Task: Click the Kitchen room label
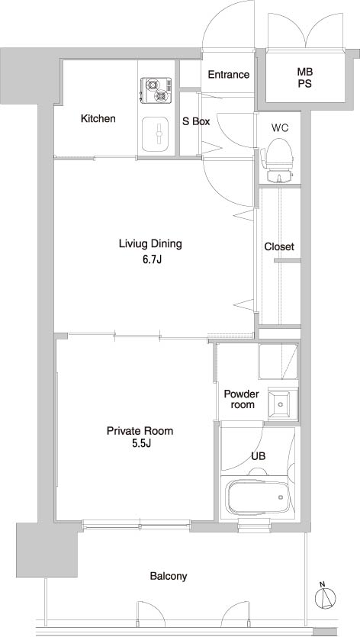[98, 119]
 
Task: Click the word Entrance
[229, 75]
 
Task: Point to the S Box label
[196, 121]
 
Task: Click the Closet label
[279, 247]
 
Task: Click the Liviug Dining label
[150, 245]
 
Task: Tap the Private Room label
[140, 431]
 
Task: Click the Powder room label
[241, 399]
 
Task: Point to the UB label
[259, 457]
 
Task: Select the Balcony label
[168, 577]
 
